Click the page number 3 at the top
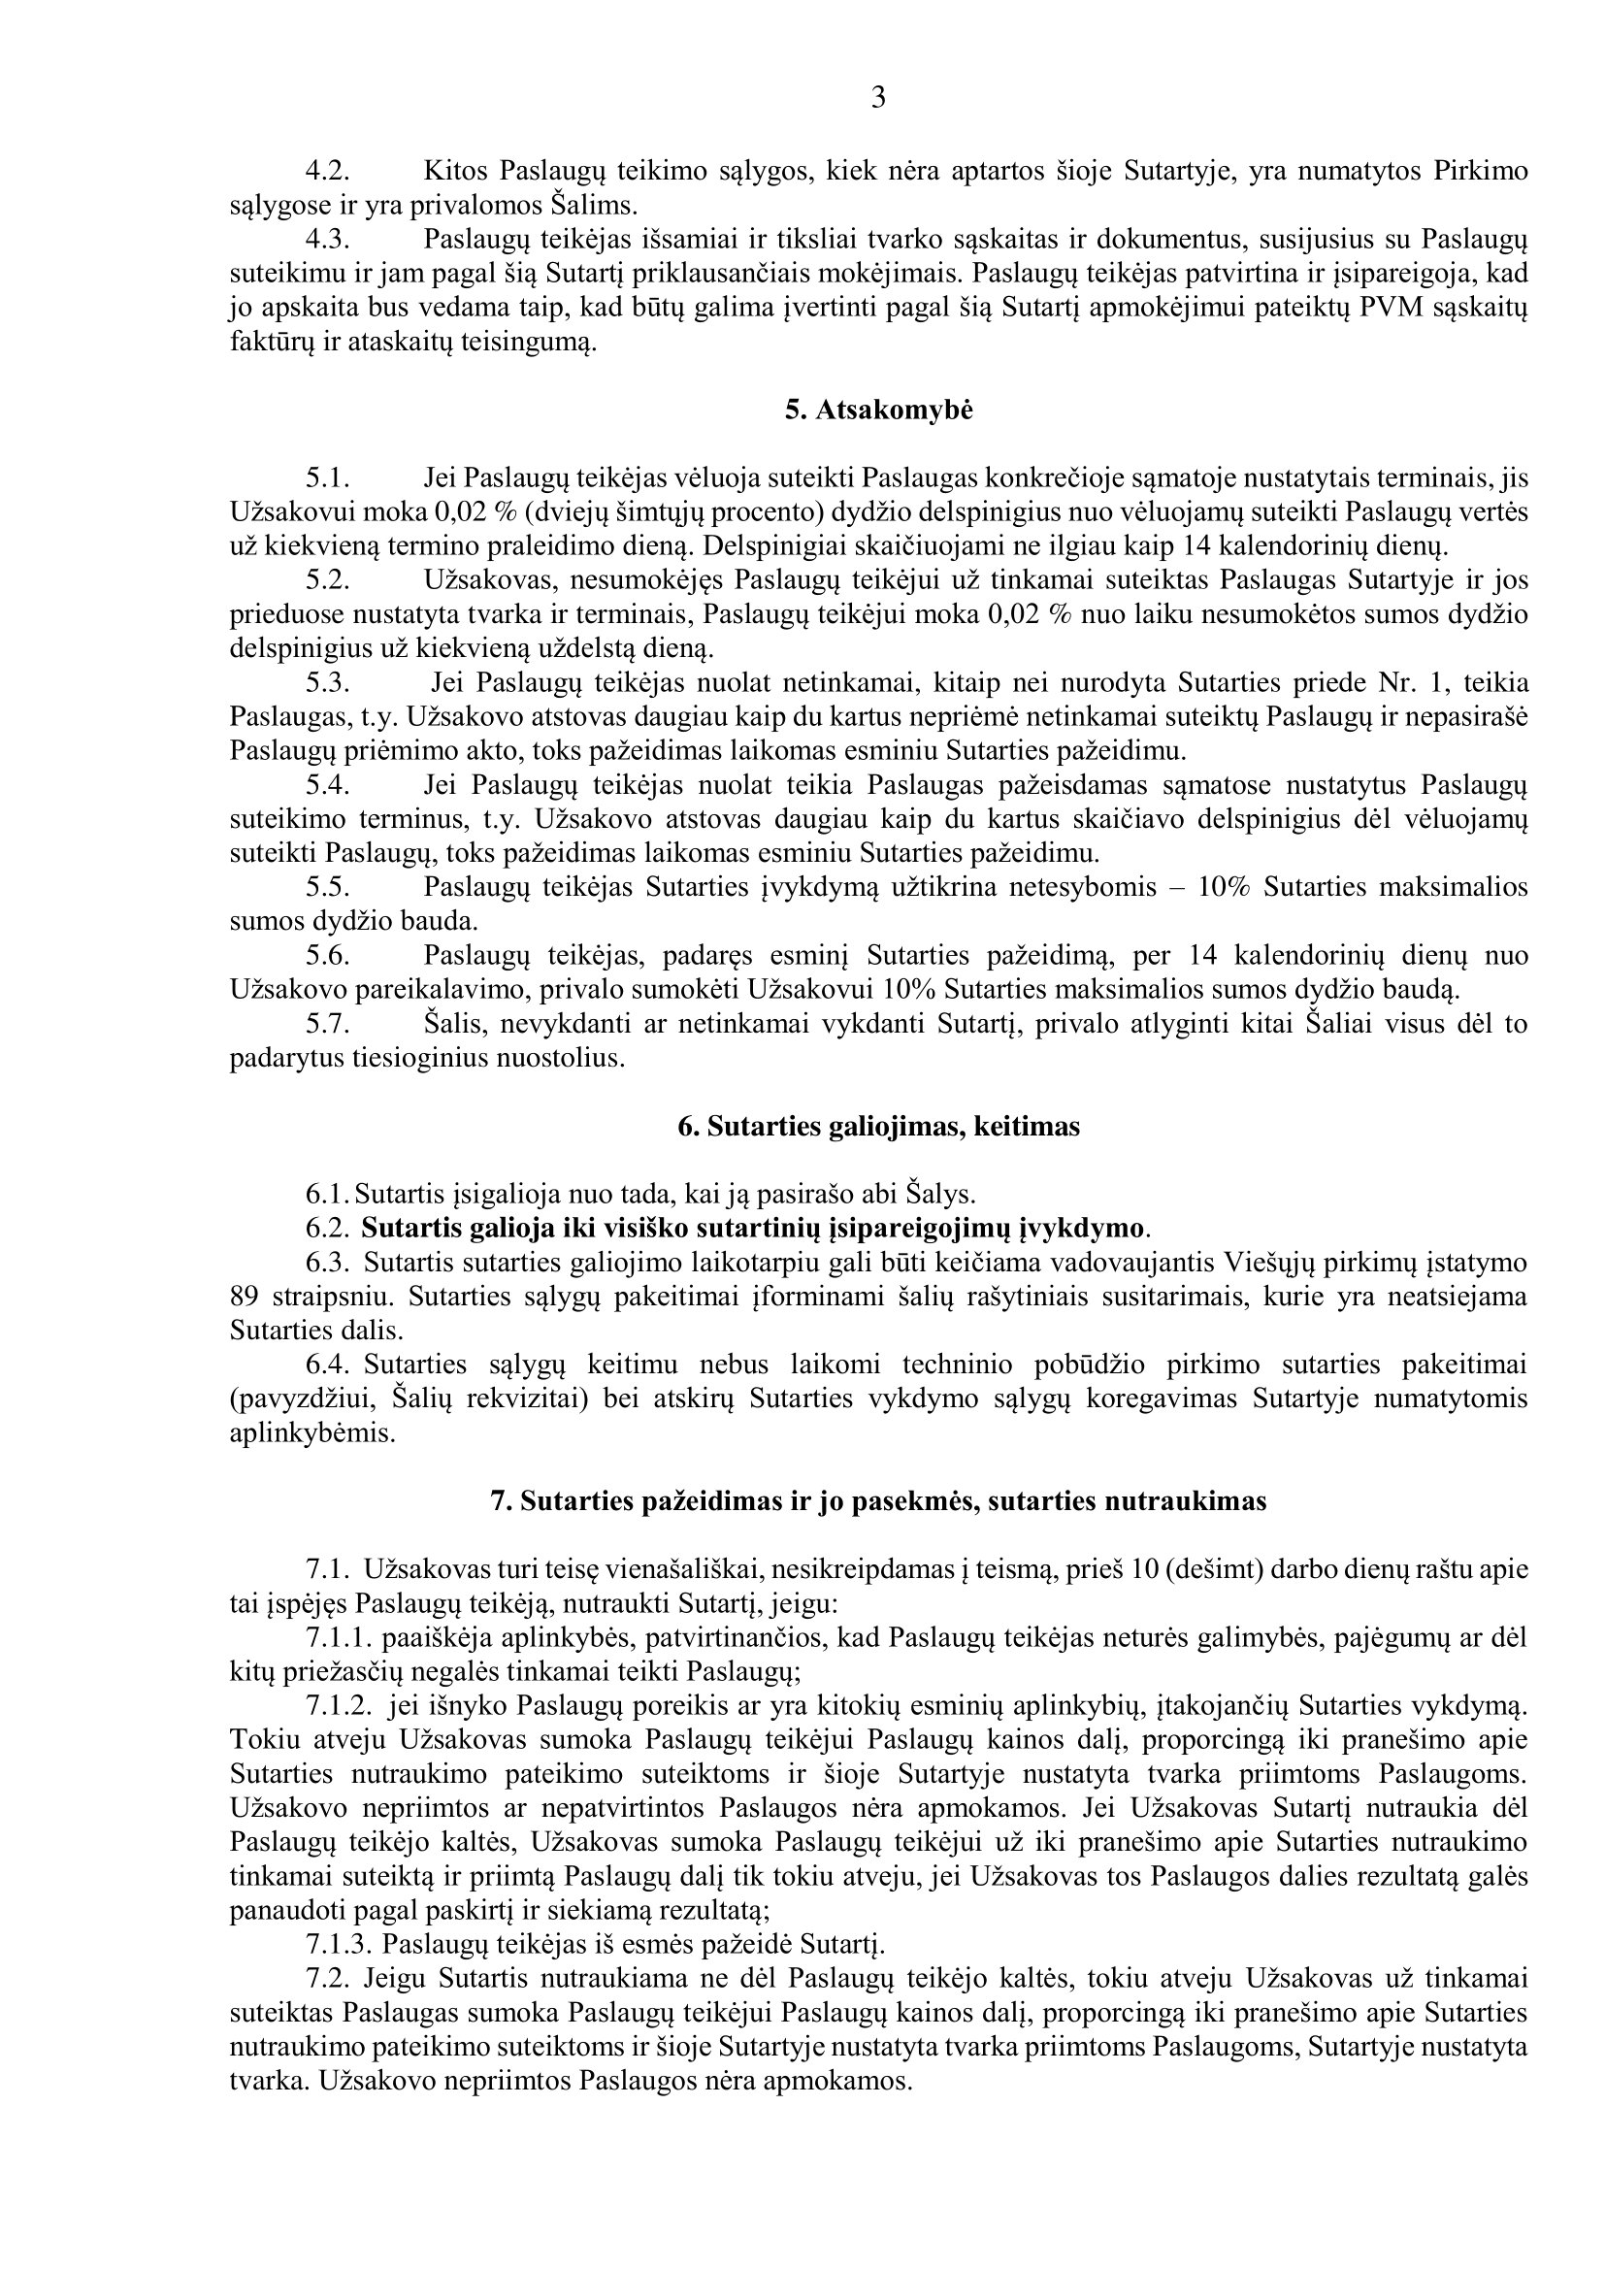877,98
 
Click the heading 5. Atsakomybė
878,411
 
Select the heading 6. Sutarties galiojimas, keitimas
878,1126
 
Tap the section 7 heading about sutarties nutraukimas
878,1500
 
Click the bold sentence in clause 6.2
752,1229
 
